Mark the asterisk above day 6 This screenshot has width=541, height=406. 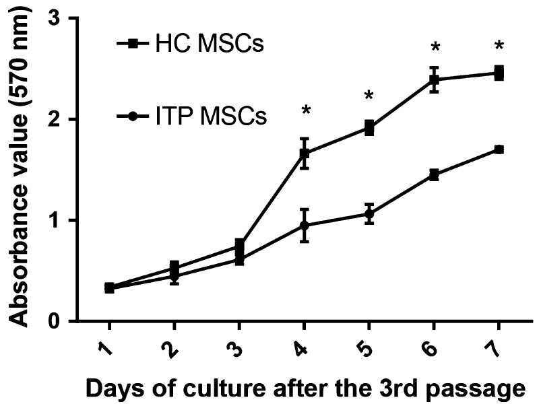[435, 48]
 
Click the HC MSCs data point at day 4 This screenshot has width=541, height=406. [305, 154]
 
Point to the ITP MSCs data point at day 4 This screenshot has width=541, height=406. [305, 225]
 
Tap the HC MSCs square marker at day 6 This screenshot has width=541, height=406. [435, 79]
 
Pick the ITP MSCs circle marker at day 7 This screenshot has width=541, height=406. [499, 149]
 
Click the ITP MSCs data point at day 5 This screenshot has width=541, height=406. [369, 214]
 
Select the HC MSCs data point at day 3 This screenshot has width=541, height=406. [239, 246]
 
